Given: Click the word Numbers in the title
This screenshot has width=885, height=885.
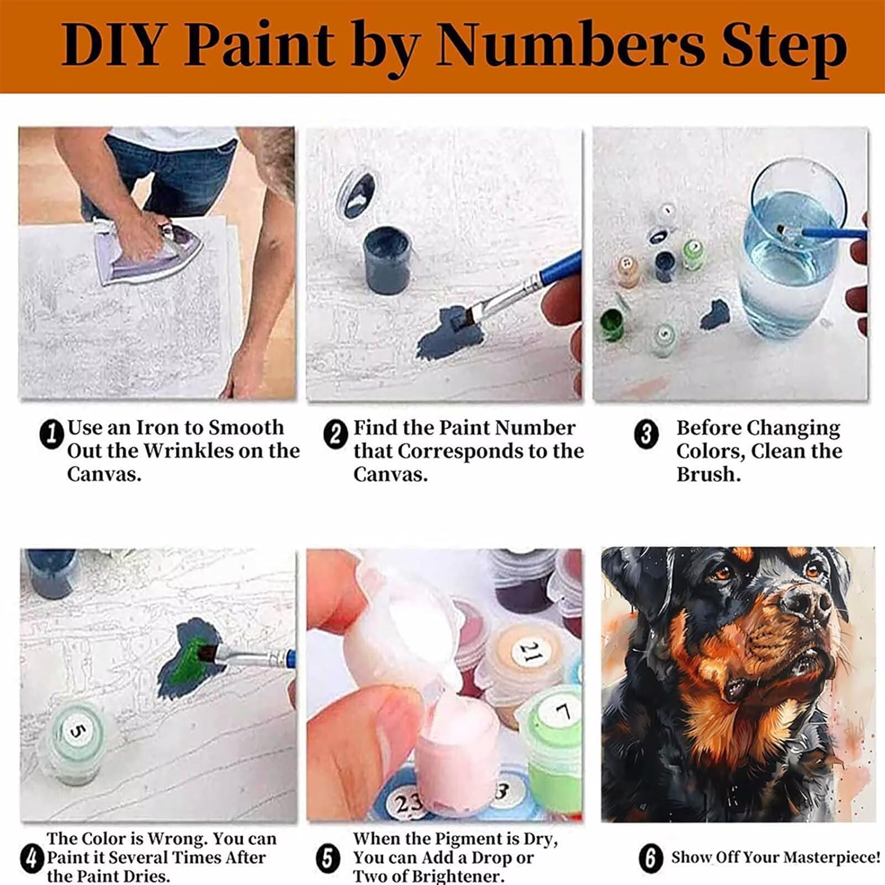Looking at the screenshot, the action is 570,45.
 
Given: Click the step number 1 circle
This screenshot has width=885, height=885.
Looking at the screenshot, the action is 51,434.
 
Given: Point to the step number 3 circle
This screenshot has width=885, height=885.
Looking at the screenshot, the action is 646,434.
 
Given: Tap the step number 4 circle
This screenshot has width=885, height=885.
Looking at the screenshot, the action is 31,858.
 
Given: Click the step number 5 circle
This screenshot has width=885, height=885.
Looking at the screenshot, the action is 328,858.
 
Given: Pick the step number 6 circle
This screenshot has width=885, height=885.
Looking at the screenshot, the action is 650,858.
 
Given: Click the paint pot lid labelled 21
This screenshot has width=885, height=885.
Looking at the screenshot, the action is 530,653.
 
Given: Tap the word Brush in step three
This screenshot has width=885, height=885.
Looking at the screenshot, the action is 708,474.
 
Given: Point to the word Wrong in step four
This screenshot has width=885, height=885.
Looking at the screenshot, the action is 178,838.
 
